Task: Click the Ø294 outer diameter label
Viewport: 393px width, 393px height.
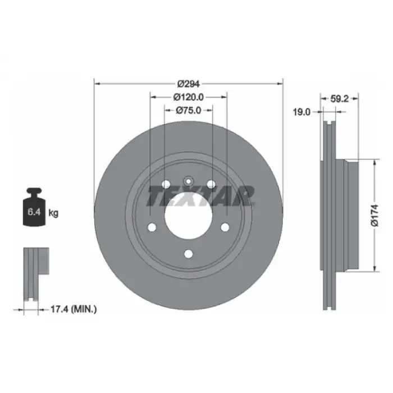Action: (x=189, y=84)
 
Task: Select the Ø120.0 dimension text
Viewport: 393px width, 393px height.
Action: (x=189, y=97)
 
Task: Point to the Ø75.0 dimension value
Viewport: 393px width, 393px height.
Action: (x=189, y=111)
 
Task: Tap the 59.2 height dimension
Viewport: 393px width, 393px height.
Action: (x=340, y=98)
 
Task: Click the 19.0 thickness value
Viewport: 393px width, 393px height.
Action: (x=302, y=112)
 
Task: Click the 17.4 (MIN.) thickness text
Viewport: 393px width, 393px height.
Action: (x=73, y=308)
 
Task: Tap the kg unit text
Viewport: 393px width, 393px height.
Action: (x=54, y=213)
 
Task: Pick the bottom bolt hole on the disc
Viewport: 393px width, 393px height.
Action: (x=189, y=254)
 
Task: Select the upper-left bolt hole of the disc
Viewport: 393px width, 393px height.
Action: (x=165, y=184)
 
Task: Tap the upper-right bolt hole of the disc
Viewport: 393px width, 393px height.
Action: (x=212, y=184)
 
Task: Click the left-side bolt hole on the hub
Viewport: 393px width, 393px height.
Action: (x=152, y=227)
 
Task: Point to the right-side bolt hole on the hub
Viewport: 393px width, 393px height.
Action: (x=225, y=227)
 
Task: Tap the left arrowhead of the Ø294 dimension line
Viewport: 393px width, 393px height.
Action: (x=97, y=84)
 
